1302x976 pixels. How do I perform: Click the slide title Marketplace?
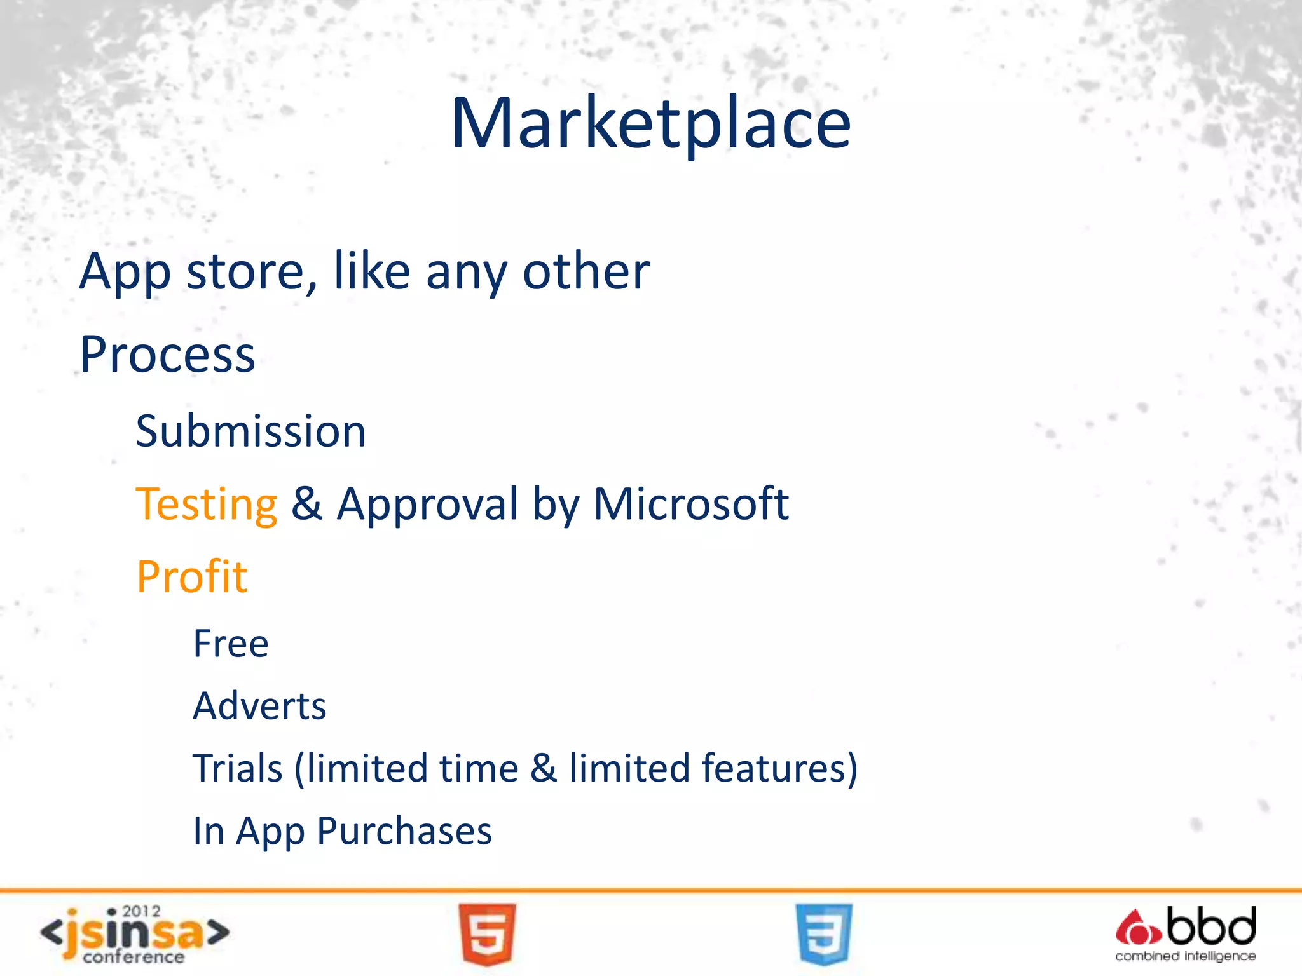tap(650, 123)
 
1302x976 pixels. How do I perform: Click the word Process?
tap(167, 355)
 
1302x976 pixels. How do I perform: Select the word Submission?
tap(250, 431)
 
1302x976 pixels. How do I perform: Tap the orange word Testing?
tap(207, 505)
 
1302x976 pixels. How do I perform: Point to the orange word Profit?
tap(191, 577)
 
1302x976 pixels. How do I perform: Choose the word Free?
tap(231, 644)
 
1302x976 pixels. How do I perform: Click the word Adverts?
tap(259, 706)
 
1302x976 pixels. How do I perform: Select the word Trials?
tap(237, 768)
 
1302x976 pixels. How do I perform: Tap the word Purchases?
tap(404, 831)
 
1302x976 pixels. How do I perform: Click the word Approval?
tap(427, 505)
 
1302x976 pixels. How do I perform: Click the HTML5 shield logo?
tap(487, 934)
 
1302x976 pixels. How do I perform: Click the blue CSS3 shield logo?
tap(823, 934)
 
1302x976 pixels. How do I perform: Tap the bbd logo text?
tap(1211, 926)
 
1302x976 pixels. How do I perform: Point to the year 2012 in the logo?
tap(141, 912)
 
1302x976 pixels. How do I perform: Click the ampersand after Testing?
tap(306, 505)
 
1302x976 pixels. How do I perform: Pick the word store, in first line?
tap(252, 272)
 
